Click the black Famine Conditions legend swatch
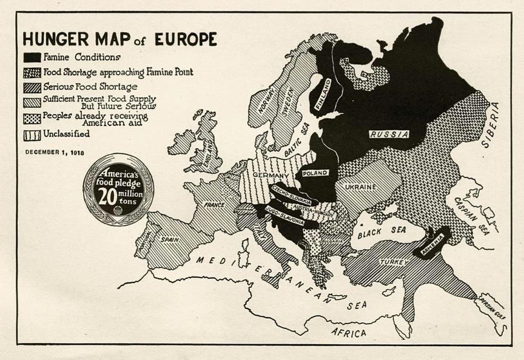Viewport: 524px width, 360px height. [32, 57]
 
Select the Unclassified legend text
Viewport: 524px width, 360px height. [66, 133]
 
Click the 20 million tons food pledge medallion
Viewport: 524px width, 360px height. [119, 188]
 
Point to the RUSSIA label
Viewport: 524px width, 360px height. [389, 134]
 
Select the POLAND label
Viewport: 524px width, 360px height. [315, 173]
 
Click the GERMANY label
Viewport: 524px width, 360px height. [262, 176]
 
